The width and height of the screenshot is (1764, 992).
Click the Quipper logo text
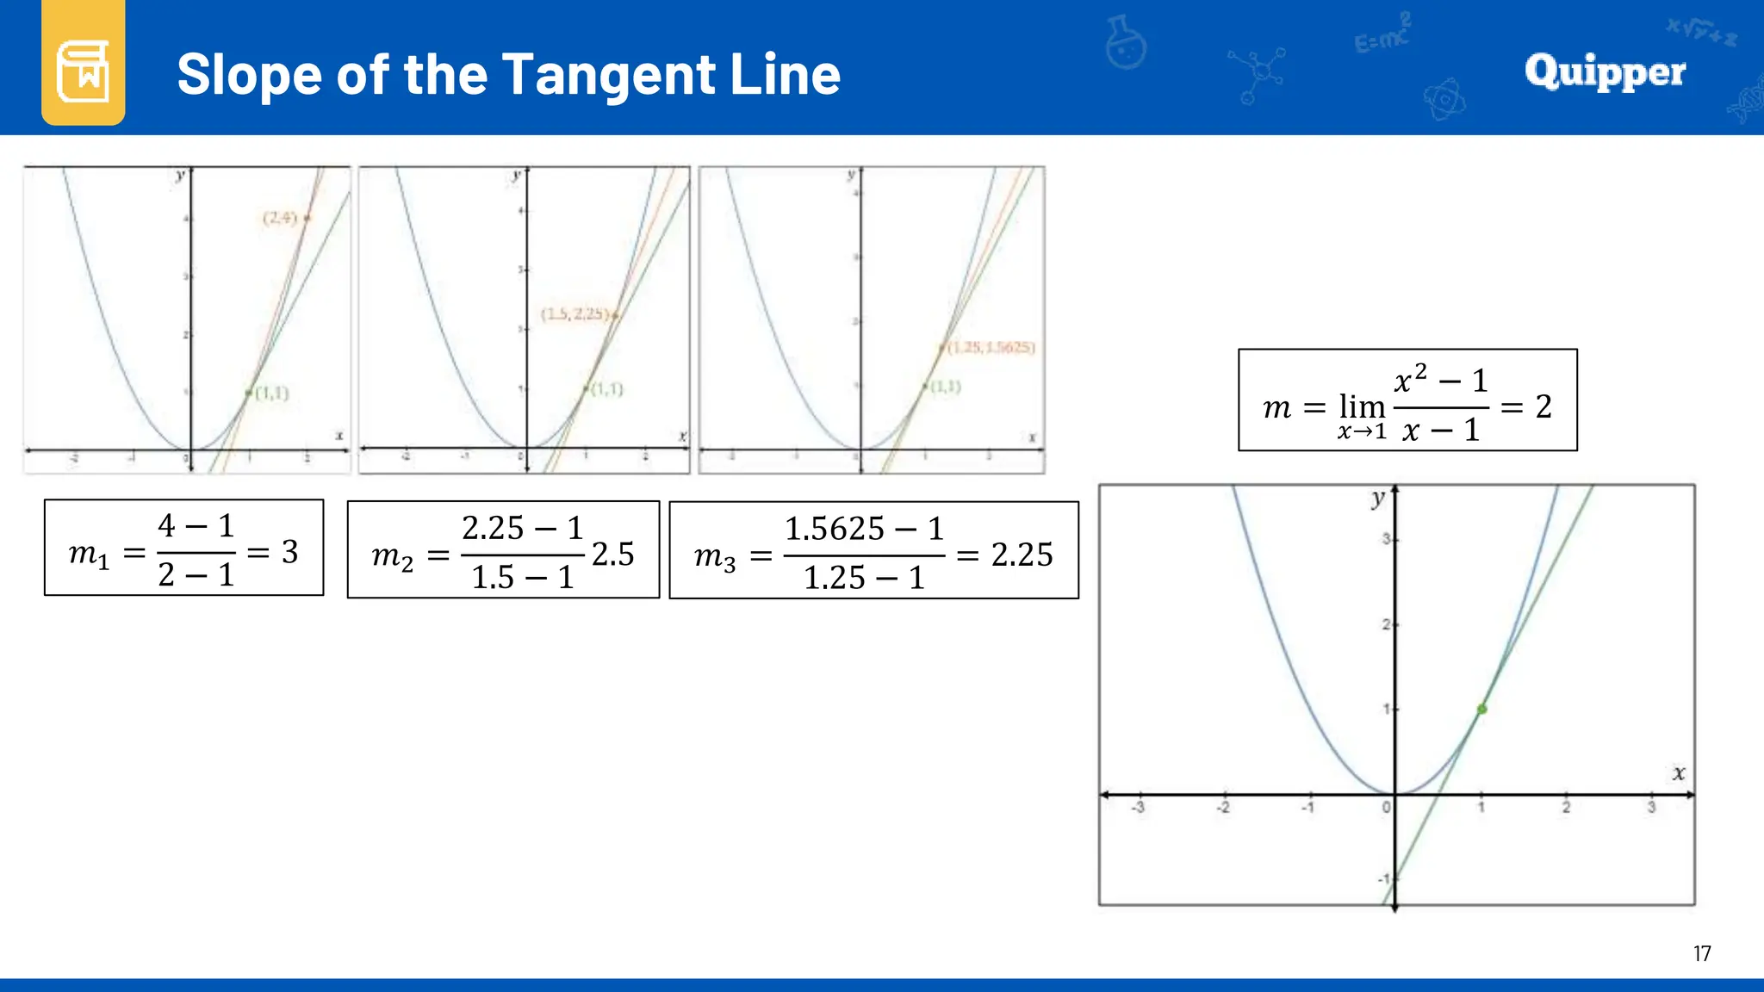1605,71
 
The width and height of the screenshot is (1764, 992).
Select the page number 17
1701,953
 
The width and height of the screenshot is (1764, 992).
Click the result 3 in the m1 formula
290,552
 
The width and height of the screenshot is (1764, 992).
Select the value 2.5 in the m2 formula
612,554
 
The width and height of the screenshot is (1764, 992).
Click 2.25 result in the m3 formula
1022,555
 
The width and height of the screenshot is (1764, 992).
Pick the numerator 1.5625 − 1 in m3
864,528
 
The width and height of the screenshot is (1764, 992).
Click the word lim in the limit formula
1361,406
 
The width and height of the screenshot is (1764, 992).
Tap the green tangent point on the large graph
1481,710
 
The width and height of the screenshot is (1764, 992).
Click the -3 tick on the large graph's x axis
1138,808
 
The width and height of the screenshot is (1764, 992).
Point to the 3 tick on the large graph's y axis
1386,539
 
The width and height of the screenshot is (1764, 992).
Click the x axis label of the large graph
1679,772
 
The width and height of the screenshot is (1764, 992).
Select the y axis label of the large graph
1378,499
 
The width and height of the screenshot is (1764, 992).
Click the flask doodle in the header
1126,43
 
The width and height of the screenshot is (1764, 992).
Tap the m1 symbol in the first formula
89,554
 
